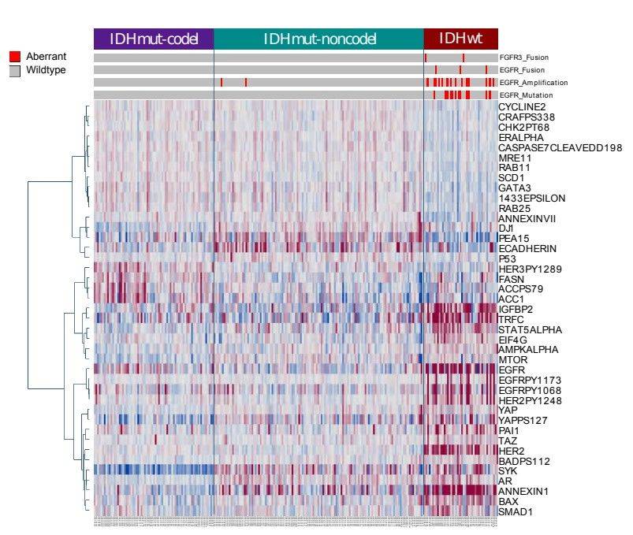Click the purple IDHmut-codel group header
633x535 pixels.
pos(153,39)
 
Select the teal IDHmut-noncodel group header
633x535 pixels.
pos(318,39)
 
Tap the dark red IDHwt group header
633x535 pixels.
pos(460,39)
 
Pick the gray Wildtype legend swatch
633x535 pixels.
pos(14,70)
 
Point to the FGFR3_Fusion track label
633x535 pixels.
pos(524,58)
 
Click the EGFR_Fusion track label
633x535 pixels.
pos(522,70)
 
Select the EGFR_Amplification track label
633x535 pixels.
pos(533,83)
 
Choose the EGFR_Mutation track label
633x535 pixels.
pos(525,95)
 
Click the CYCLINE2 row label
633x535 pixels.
pos(523,106)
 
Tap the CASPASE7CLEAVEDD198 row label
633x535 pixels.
pos(560,147)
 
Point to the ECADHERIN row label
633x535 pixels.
pos(526,248)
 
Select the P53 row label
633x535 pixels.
pos(508,258)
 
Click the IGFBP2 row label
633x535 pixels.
pos(516,309)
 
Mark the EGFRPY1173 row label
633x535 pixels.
pos(529,380)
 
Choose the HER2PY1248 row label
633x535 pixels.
pos(529,400)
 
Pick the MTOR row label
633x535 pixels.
pos(512,360)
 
